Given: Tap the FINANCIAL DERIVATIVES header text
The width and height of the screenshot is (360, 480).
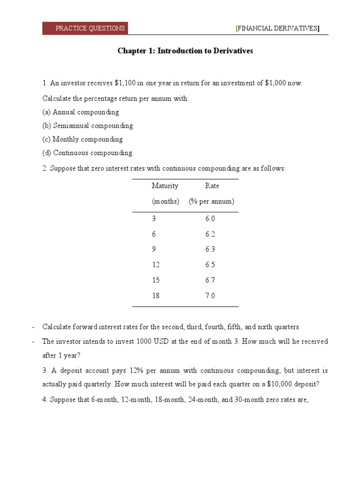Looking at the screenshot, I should [x=277, y=29].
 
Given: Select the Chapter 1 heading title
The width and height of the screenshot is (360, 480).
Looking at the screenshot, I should [x=185, y=51].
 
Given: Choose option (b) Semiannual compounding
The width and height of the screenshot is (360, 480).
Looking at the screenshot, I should [x=88, y=126].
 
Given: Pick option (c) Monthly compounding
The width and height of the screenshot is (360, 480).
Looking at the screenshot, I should [x=82, y=139].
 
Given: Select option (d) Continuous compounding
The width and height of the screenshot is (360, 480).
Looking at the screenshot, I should [x=88, y=153].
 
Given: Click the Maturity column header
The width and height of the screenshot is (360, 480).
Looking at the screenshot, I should [x=165, y=186].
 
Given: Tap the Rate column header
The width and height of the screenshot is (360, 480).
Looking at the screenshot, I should [x=212, y=186].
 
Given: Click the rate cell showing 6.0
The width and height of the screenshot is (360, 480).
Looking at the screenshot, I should [x=210, y=219].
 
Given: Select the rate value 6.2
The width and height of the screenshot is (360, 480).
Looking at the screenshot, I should [x=210, y=234].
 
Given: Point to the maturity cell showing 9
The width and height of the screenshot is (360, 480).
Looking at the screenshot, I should [x=154, y=249].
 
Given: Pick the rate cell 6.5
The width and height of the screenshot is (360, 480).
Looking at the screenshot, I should [x=210, y=265].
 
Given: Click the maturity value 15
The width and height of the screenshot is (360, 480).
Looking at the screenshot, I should [x=156, y=280].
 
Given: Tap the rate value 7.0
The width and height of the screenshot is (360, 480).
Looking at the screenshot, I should [x=210, y=296].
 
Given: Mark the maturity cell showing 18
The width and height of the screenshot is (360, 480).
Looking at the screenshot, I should [x=156, y=296].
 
